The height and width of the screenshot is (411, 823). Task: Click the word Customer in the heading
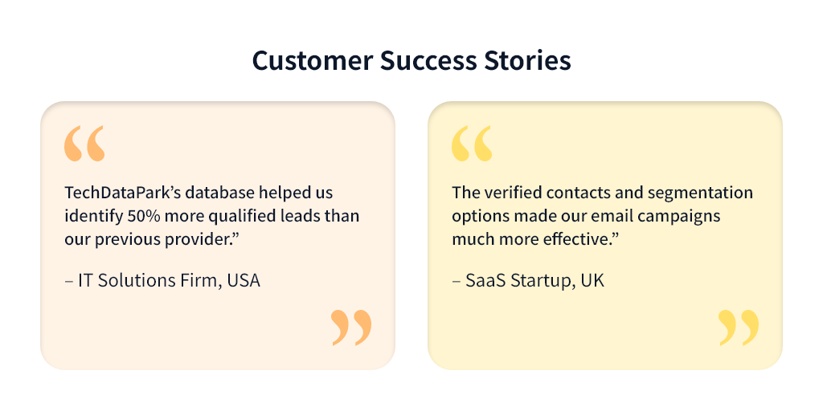(313, 61)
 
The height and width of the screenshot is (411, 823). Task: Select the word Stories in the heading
(524, 61)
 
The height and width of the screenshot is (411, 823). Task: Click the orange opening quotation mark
(84, 143)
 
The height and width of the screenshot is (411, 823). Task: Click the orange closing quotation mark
(352, 328)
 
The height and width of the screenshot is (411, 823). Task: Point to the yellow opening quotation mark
(471, 143)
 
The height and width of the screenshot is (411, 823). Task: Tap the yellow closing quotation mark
(739, 328)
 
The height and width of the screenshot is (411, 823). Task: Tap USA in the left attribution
(244, 281)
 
